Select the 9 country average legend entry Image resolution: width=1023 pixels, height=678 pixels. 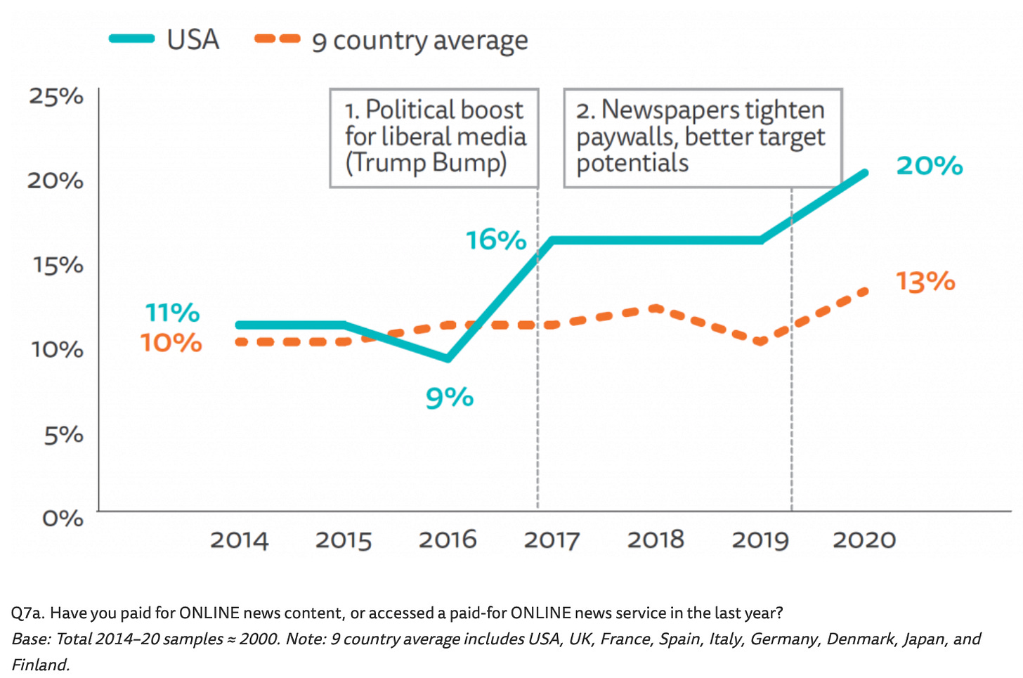coord(391,41)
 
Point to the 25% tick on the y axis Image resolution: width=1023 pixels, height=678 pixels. coord(56,96)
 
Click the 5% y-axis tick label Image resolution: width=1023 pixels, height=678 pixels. coord(63,435)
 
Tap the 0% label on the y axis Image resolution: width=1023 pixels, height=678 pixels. coord(63,519)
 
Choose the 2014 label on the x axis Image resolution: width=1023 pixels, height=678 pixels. coord(240,540)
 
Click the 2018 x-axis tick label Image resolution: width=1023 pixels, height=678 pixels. coord(656,540)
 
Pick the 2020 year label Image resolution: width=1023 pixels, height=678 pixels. coord(864,540)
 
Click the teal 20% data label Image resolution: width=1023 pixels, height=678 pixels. coord(930,166)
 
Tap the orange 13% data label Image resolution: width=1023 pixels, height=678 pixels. coord(925,282)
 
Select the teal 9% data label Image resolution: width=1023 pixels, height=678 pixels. coord(450,398)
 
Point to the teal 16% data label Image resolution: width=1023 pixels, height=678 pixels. coord(496,240)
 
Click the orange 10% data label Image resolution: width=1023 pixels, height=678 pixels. coord(171,343)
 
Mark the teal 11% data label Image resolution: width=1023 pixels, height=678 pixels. coord(173,313)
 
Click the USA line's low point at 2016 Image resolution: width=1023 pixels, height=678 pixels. coord(448,358)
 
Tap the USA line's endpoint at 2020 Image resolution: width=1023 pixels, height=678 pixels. coord(864,173)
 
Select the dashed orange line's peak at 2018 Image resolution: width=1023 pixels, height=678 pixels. coord(656,308)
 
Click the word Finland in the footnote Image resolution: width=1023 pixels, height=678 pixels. coord(40,665)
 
